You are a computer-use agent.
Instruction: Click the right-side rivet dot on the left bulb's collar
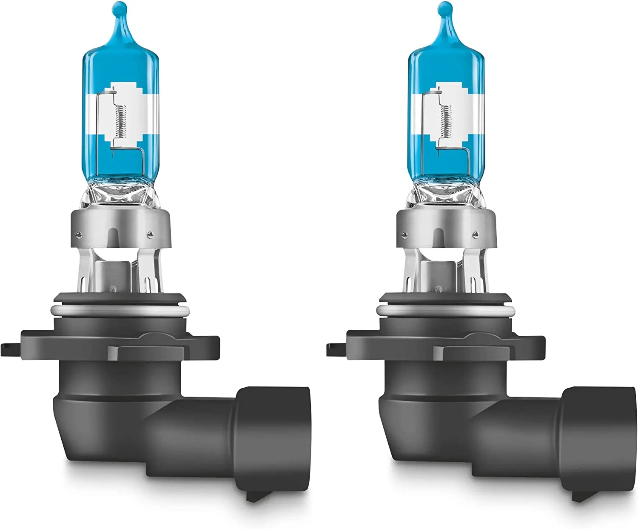149,234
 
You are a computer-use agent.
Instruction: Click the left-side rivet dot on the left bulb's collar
80,233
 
